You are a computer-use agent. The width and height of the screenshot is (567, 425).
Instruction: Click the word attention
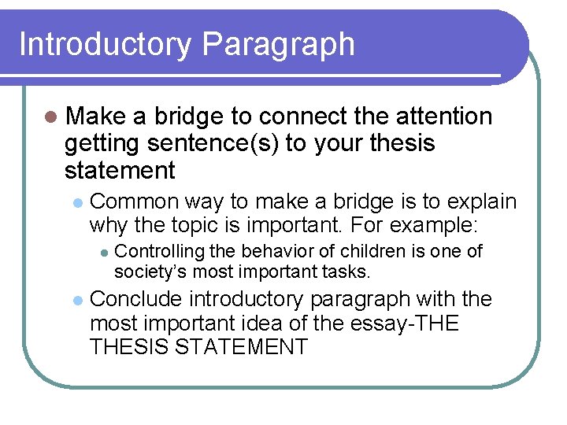point(445,116)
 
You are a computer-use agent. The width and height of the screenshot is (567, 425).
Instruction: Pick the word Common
point(135,201)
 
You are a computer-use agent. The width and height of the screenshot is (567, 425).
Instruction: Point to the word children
point(365,252)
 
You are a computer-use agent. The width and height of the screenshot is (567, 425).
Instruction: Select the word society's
point(148,272)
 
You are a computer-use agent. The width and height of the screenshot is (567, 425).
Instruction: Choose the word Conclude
point(137,300)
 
